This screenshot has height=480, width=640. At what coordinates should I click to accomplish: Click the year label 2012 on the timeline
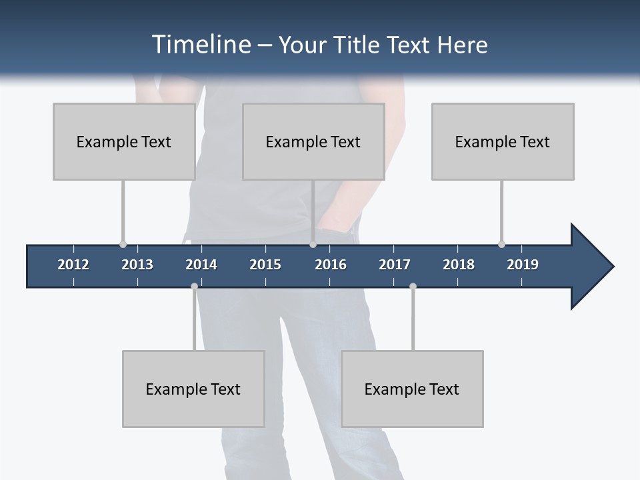pyautogui.click(x=73, y=265)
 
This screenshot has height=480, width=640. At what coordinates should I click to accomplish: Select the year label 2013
pyautogui.click(x=137, y=265)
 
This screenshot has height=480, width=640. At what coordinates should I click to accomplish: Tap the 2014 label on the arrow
pyautogui.click(x=201, y=265)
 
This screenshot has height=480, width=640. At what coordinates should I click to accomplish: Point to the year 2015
pyautogui.click(x=265, y=265)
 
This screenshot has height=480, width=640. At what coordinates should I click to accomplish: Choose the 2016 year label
pyautogui.click(x=331, y=265)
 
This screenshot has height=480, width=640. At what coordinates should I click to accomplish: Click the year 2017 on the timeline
pyautogui.click(x=395, y=265)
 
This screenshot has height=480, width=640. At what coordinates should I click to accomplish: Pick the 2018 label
pyautogui.click(x=459, y=265)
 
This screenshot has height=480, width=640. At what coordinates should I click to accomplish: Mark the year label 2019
pyautogui.click(x=523, y=265)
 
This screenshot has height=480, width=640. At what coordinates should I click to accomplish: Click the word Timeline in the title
pyautogui.click(x=201, y=45)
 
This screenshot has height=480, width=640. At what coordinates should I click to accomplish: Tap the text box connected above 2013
pyautogui.click(x=124, y=141)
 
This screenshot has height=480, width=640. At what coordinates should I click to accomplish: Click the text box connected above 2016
pyautogui.click(x=313, y=141)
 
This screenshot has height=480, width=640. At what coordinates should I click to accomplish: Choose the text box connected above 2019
pyautogui.click(x=503, y=141)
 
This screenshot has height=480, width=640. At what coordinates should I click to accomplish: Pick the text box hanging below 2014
pyautogui.click(x=193, y=389)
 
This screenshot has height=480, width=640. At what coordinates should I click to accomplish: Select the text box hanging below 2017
pyautogui.click(x=412, y=389)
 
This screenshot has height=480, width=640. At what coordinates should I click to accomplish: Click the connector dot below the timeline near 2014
pyautogui.click(x=194, y=287)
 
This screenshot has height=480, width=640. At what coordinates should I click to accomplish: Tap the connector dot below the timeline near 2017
pyautogui.click(x=413, y=287)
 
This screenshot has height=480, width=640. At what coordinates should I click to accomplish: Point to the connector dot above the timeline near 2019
pyautogui.click(x=501, y=244)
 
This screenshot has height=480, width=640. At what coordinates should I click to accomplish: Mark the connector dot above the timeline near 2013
pyautogui.click(x=123, y=244)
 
